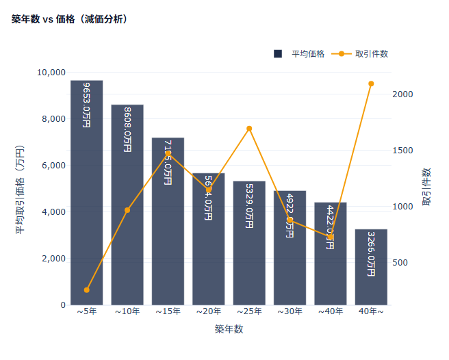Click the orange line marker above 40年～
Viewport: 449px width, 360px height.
(371, 84)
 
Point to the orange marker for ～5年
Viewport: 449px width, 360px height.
(86, 290)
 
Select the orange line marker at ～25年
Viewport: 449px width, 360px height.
(249, 129)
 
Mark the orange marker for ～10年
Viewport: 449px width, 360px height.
(127, 210)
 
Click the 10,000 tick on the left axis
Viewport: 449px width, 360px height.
(51, 73)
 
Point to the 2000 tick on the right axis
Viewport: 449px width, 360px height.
(403, 94)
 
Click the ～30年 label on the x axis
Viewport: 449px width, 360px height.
(290, 312)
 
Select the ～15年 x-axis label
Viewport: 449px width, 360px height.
(168, 312)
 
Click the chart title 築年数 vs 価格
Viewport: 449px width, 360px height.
(69, 19)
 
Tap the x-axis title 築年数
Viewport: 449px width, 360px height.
(229, 329)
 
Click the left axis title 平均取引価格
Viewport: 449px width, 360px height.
(20, 188)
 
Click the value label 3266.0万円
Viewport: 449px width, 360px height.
(371, 253)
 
